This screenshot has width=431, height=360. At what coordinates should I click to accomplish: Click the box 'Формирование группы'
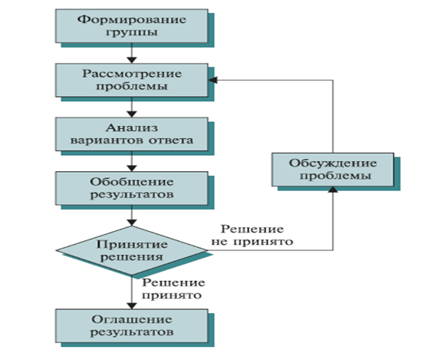click(132, 26)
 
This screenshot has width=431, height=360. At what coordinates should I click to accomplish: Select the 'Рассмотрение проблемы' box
click(132, 80)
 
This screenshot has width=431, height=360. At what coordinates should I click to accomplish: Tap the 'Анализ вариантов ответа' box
click(132, 134)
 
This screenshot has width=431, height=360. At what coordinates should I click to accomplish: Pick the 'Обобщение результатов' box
click(132, 188)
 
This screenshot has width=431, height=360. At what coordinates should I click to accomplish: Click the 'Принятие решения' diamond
click(132, 250)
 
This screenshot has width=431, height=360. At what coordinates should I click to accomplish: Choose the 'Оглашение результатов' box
click(132, 326)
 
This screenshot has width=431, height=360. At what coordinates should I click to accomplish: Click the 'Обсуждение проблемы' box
click(333, 170)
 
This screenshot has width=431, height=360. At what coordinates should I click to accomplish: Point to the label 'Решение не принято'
click(252, 235)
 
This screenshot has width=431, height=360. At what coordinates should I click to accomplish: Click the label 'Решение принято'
click(173, 289)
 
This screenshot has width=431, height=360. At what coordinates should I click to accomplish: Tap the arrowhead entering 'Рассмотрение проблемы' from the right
click(212, 80)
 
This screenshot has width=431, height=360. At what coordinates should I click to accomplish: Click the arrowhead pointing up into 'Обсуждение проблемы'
click(333, 190)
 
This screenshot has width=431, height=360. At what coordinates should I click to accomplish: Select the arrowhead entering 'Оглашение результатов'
click(132, 306)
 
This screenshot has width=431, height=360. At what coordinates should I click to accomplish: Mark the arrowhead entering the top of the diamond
click(132, 223)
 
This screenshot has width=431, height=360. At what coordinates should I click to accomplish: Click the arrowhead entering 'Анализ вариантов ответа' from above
click(132, 114)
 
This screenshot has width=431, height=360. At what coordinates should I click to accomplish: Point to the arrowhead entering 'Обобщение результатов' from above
click(132, 169)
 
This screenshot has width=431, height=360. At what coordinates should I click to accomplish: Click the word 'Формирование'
click(132, 19)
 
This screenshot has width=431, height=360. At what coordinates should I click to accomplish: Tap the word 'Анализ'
click(132, 128)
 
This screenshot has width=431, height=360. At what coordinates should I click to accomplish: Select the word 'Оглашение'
click(132, 319)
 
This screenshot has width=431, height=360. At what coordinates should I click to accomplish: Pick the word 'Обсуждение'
click(333, 163)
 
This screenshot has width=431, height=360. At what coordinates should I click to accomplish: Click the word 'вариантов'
click(107, 140)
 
